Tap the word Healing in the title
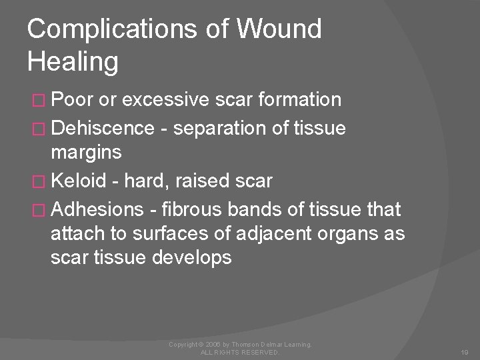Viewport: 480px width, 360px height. click(x=73, y=61)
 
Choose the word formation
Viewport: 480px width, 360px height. click(x=297, y=100)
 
